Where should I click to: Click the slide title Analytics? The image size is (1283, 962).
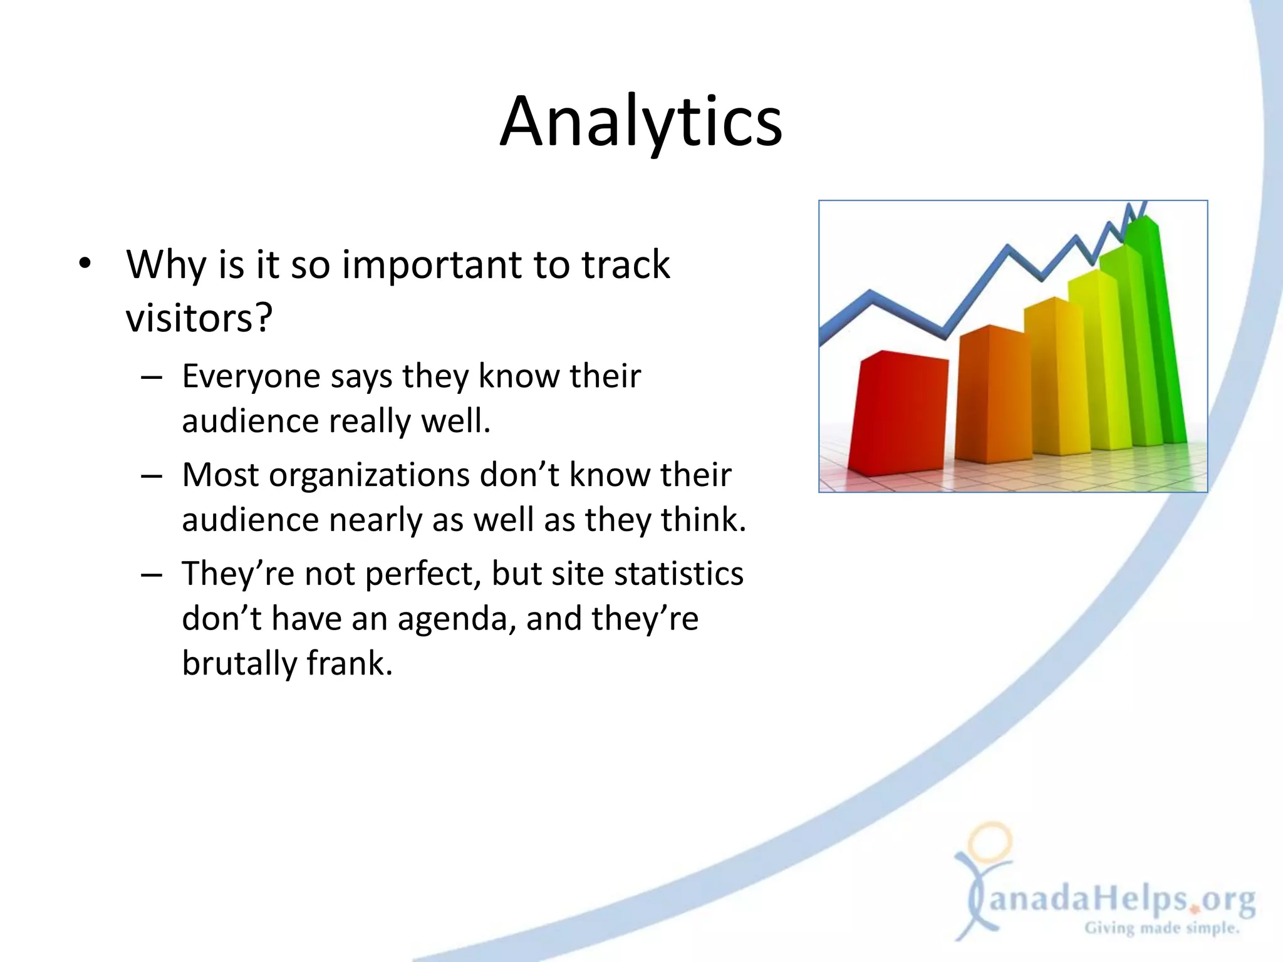pyautogui.click(x=641, y=122)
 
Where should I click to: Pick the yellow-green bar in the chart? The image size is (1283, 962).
pyautogui.click(x=1093, y=363)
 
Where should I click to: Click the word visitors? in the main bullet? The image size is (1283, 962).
pyautogui.click(x=199, y=318)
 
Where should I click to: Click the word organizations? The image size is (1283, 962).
pyautogui.click(x=369, y=475)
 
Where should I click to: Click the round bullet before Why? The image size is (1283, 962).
pyautogui.click(x=85, y=264)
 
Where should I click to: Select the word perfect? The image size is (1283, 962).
pyautogui.click(x=422, y=574)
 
